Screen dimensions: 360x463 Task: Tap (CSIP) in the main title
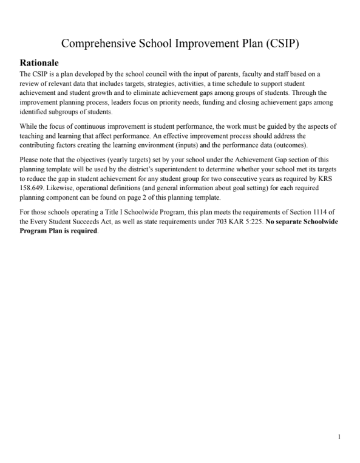click(x=277, y=43)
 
